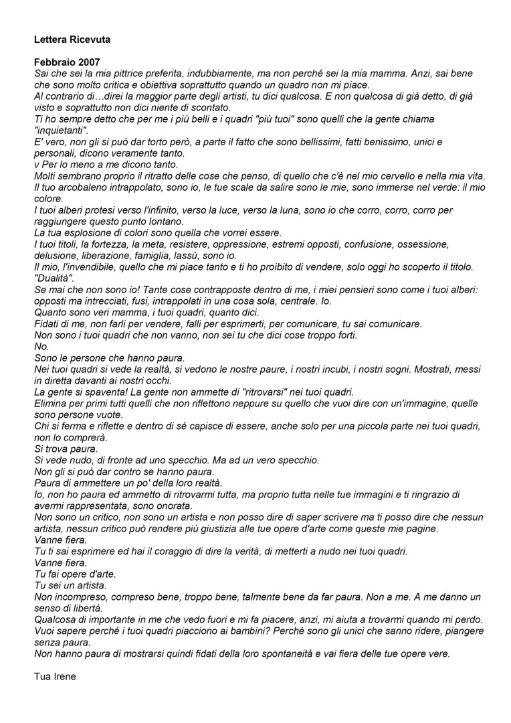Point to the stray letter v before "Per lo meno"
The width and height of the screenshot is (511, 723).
tap(36, 164)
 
